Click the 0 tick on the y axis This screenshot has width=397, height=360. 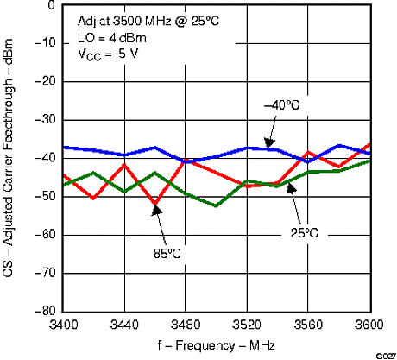pos(52,5)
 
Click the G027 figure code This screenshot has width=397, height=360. pos(386,355)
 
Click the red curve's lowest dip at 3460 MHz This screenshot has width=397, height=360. pos(155,205)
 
